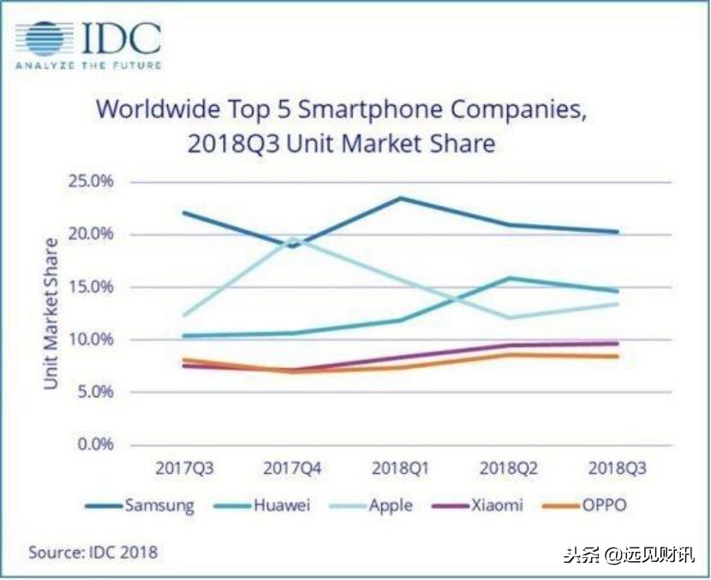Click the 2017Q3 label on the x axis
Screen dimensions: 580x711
pos(185,469)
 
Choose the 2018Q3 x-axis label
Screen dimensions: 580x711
pos(617,469)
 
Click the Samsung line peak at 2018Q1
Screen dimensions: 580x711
pos(401,198)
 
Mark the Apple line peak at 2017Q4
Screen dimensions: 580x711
pos(294,239)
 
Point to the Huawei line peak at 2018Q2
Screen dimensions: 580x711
pos(509,278)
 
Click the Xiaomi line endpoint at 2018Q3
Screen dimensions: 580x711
pos(617,344)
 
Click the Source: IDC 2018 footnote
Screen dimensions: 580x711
pos(93,553)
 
